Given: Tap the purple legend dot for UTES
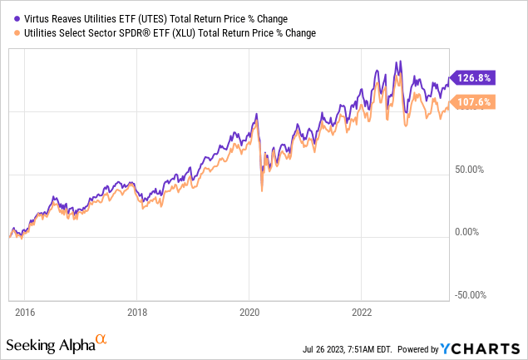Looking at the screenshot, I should coord(17,18).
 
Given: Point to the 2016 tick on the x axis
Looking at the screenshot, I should coord(25,313).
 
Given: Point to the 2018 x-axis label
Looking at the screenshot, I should coord(137,313).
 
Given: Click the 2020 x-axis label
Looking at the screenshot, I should coord(249,313).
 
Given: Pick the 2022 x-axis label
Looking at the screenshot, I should coord(361,313).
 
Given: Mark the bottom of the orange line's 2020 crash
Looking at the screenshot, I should coord(263,191).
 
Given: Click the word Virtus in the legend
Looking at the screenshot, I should coord(41,18).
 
